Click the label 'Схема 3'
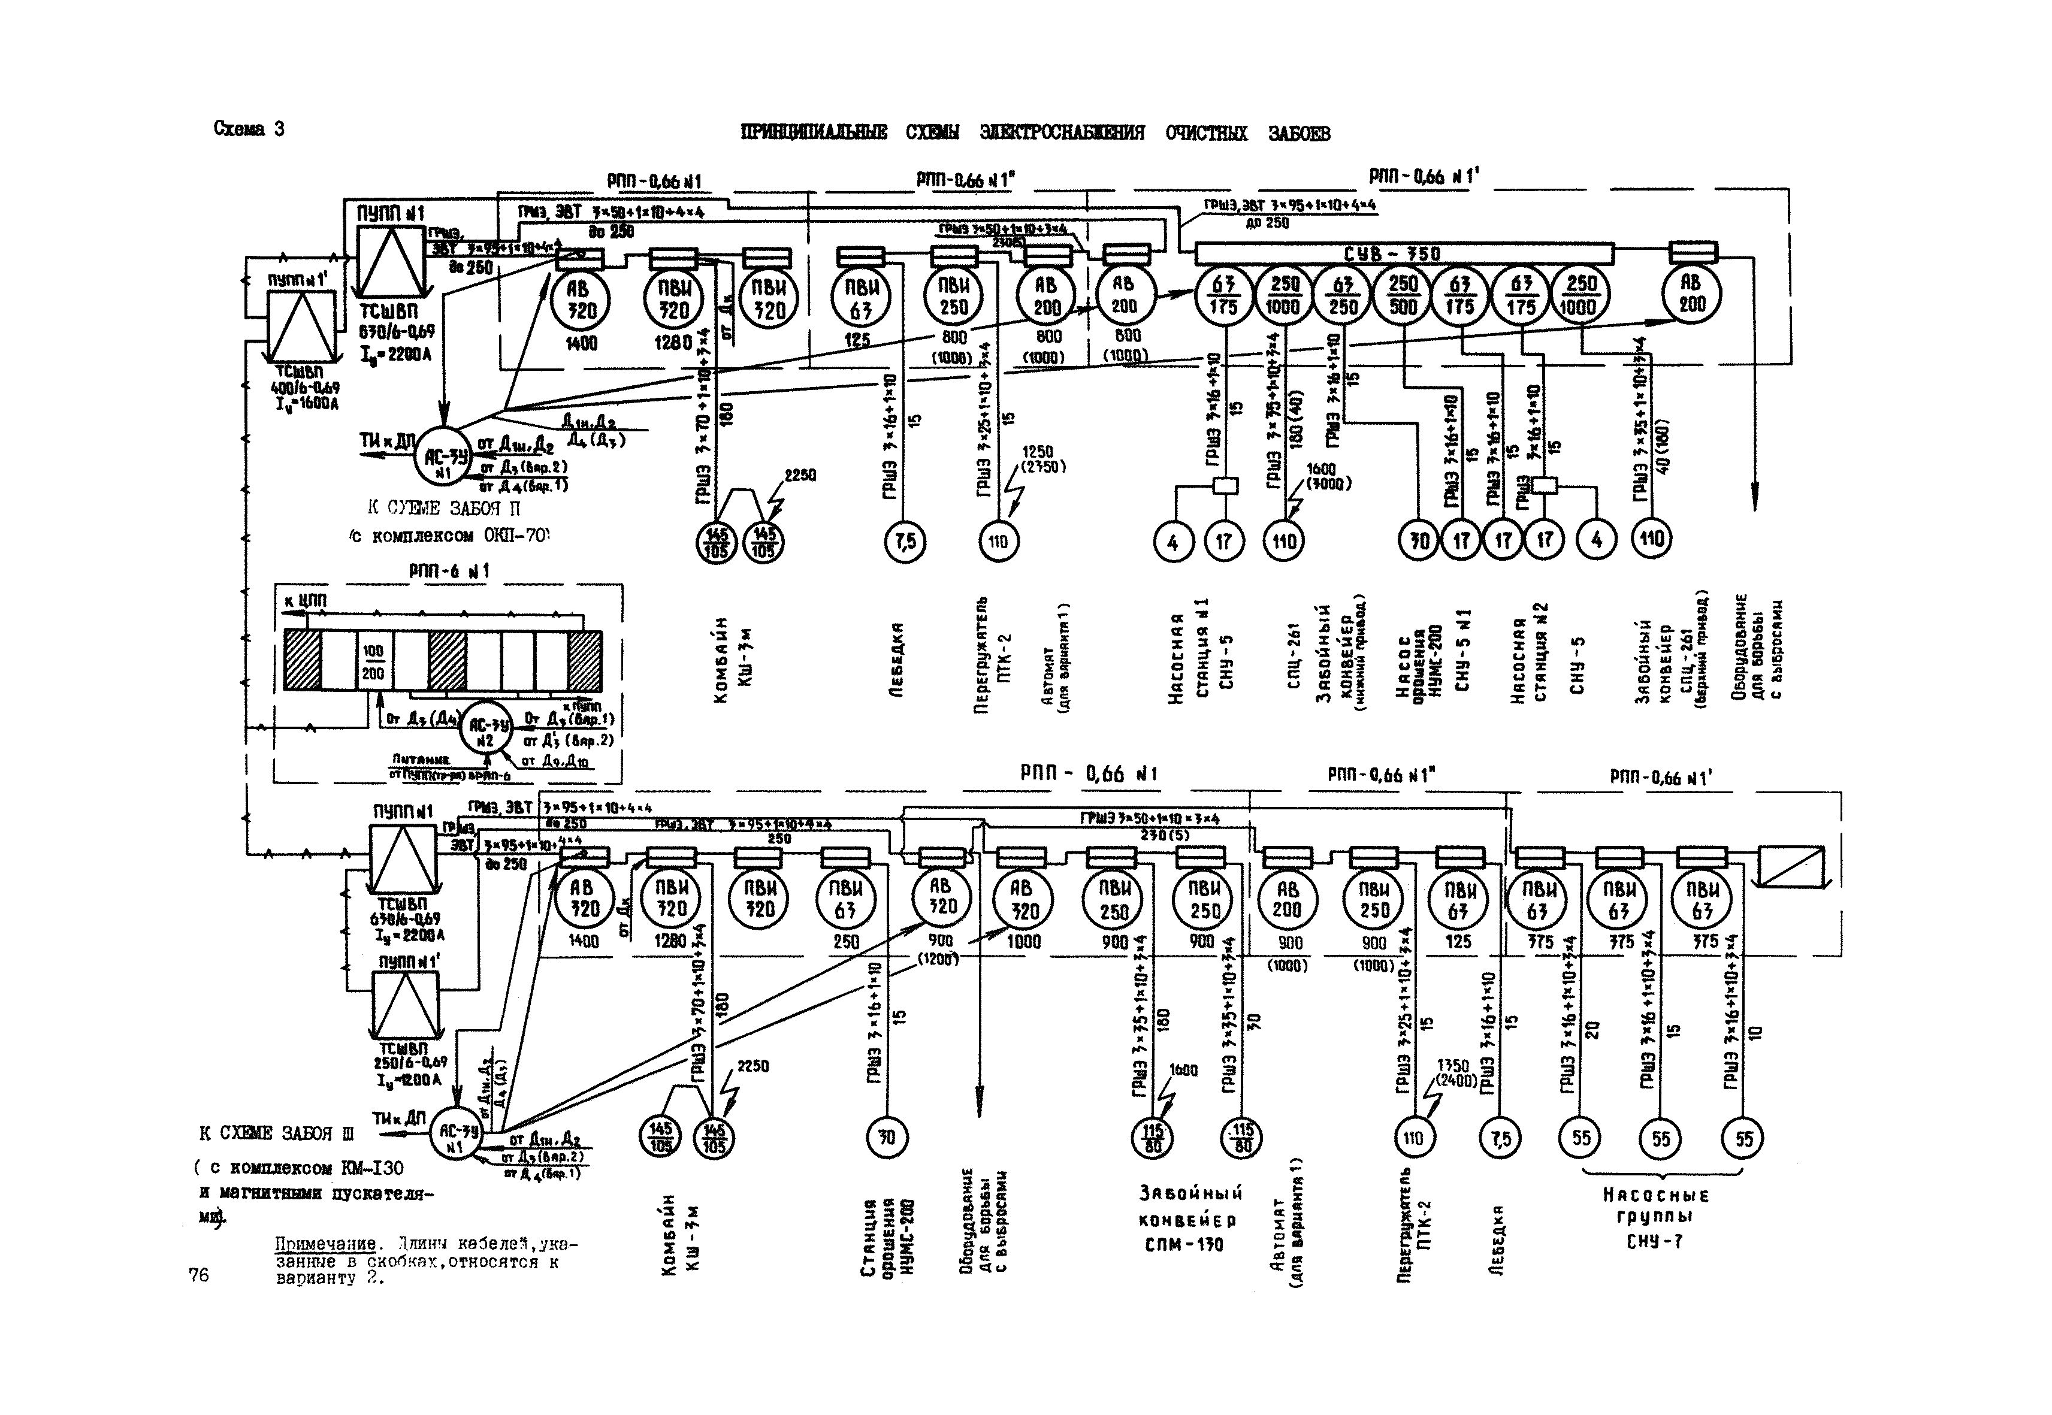pyautogui.click(x=248, y=129)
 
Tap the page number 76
pyautogui.click(x=199, y=1275)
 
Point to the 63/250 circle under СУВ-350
pyautogui.click(x=1343, y=295)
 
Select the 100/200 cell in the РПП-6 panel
pyautogui.click(x=373, y=661)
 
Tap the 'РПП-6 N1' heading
pyautogui.click(x=449, y=572)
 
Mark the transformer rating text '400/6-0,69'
pyautogui.click(x=304, y=388)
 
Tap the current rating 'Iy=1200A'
pyautogui.click(x=409, y=1080)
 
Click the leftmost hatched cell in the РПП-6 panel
pyautogui.click(x=301, y=661)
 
